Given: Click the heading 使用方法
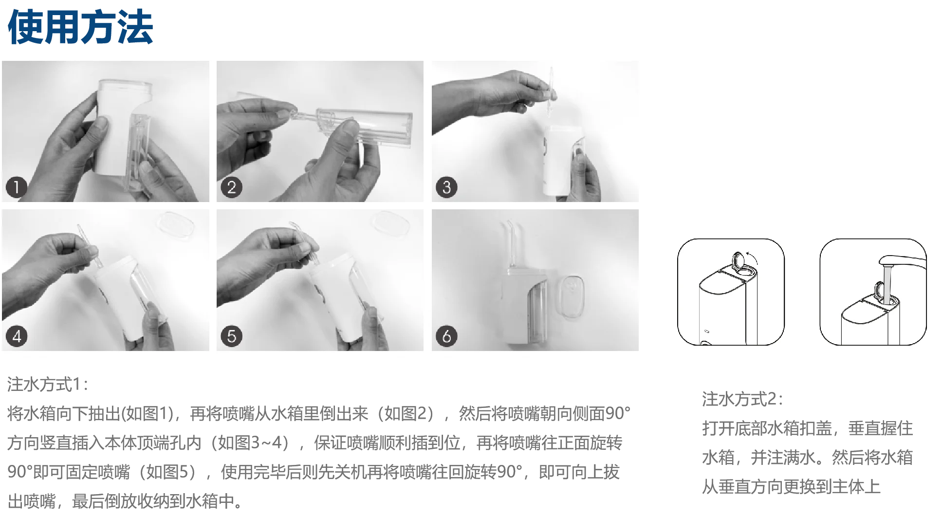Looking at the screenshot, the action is click(x=80, y=27).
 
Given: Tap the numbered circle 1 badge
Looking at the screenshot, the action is click(x=16, y=187).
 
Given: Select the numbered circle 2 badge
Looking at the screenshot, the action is click(x=231, y=187).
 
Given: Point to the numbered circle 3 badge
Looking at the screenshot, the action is click(x=446, y=187).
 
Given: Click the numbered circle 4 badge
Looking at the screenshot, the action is click(x=16, y=336).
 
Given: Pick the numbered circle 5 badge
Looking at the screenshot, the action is click(x=231, y=336).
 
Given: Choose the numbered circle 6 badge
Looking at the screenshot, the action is click(x=446, y=336).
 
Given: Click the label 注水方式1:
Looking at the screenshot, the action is click(x=48, y=385).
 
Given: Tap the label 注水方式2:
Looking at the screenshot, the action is click(x=742, y=399).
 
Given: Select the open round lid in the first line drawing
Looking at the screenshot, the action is click(x=738, y=260).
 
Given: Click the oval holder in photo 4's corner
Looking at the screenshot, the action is click(x=176, y=224).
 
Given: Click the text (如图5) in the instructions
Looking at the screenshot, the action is click(x=167, y=472).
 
